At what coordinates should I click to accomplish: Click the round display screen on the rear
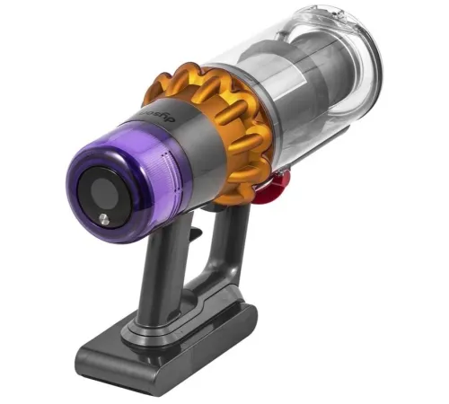tap(101, 192)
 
